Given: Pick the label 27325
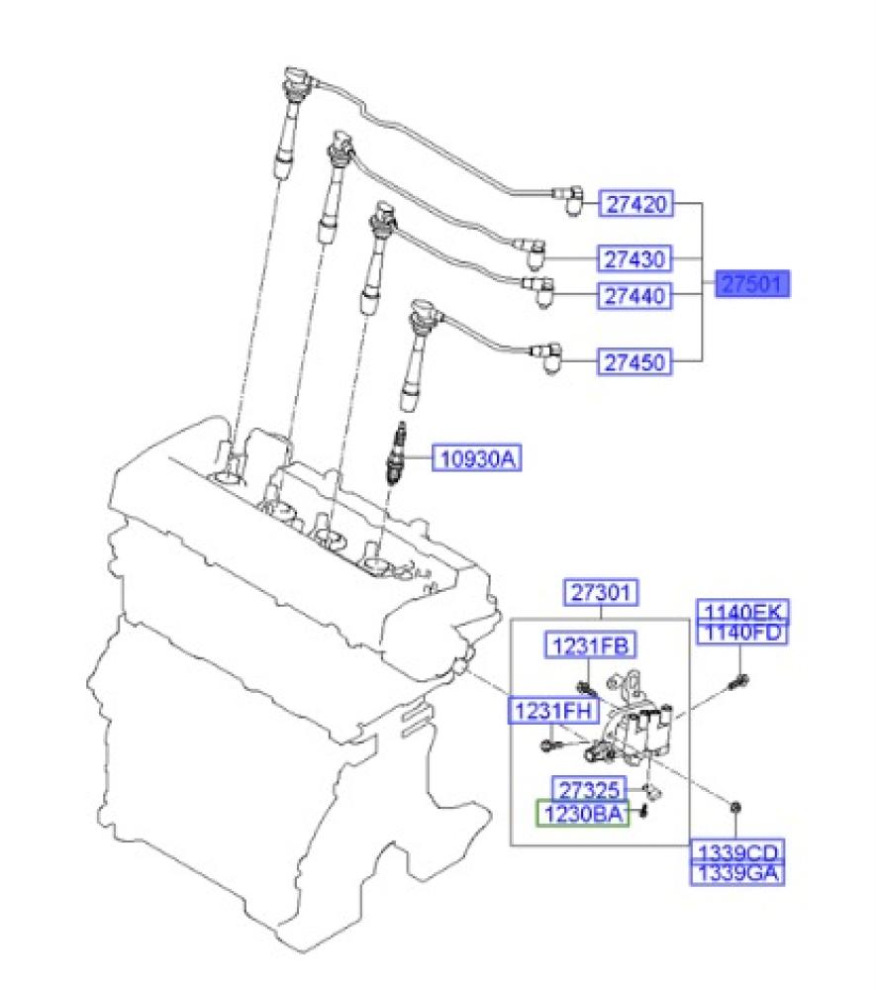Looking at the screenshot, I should pos(589,788).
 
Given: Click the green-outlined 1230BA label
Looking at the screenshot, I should pos(582,815).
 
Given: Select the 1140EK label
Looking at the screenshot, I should pos(742,611).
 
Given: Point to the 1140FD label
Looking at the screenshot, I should pos(742,632).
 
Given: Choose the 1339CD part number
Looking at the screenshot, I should pos(737,853).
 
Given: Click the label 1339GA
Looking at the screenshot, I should pos(737,873).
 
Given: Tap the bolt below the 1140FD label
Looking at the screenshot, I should pos(738,680).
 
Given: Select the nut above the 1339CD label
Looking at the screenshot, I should pos(735,807).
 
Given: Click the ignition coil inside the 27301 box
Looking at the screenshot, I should pos(643,728).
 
